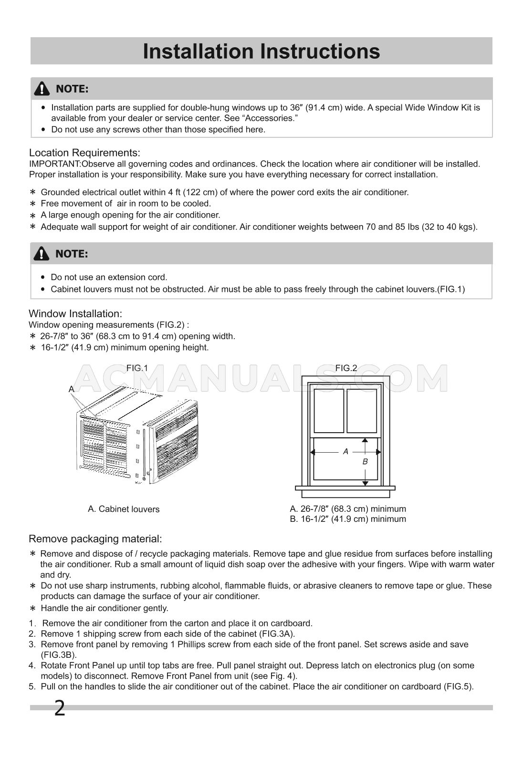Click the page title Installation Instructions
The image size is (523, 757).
261,52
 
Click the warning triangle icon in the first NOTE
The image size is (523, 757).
42,89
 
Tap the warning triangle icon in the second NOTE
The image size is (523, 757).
42,254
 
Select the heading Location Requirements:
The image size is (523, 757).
84,153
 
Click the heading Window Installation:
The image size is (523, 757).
75,313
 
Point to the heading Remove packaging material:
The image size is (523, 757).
95,539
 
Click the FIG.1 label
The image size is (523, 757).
137,368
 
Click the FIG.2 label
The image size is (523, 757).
346,368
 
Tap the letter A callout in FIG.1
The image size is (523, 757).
71,389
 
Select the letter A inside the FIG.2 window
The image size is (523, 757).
345,451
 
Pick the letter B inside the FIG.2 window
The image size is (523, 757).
365,462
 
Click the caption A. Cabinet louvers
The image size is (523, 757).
124,509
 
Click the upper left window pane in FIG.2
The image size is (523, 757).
329,411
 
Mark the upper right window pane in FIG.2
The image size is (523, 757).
362,411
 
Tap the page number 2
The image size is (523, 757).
59,708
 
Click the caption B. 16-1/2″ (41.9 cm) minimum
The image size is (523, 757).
348,519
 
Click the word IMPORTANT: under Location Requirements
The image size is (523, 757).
55,164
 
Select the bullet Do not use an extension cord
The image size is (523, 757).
109,277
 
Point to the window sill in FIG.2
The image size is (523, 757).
345,488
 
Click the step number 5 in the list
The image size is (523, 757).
32,687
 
